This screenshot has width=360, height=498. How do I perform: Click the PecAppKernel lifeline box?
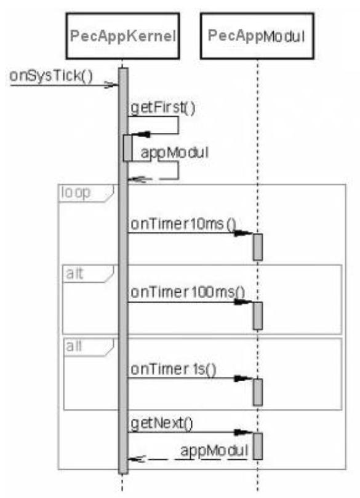[122, 36]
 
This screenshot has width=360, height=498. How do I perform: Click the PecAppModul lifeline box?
[257, 36]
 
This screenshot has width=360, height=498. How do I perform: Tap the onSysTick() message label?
[51, 76]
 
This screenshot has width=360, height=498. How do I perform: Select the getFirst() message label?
[163, 108]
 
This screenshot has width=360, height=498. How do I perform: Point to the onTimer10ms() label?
[183, 224]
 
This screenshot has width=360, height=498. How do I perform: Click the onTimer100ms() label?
[188, 292]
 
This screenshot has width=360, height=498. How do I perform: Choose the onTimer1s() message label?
[174, 369]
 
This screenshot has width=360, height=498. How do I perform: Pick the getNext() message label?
[162, 424]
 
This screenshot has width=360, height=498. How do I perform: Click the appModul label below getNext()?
[214, 451]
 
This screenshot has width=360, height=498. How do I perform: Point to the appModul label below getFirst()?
[175, 152]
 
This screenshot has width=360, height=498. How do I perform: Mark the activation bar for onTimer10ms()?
[258, 247]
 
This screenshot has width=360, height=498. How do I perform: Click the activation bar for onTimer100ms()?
[258, 315]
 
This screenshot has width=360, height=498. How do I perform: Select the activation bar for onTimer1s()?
[258, 392]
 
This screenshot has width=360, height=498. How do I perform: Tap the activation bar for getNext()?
[258, 446]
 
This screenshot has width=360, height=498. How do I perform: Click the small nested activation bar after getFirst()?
[127, 148]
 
